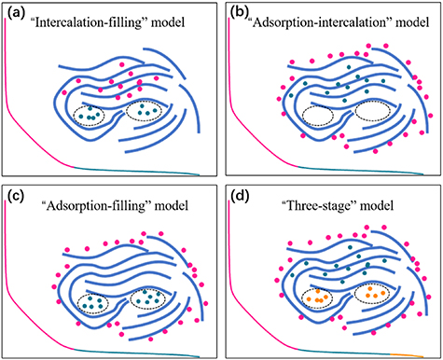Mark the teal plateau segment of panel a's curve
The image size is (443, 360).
pos(140,172)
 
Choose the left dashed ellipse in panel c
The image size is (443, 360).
pos(90,301)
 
